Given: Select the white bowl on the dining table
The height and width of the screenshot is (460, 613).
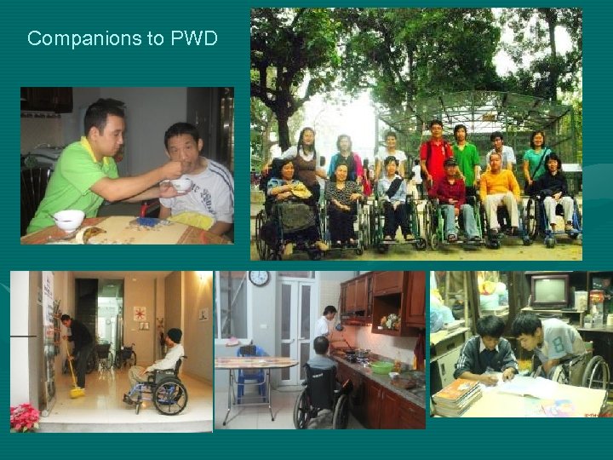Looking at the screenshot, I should (x=69, y=221).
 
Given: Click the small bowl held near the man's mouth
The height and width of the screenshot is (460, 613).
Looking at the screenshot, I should (x=180, y=184).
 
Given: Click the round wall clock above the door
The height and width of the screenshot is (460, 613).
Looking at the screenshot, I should (x=259, y=278).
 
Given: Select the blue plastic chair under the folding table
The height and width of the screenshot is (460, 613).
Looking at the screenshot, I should (x=253, y=375).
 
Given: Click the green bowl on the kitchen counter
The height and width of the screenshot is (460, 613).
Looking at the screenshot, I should (x=382, y=367).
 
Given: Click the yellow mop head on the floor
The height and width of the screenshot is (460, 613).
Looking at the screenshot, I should (x=77, y=392).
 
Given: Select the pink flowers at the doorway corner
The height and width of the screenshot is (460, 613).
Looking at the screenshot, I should (x=25, y=417).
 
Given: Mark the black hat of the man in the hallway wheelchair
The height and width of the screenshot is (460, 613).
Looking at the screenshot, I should (x=174, y=334).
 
